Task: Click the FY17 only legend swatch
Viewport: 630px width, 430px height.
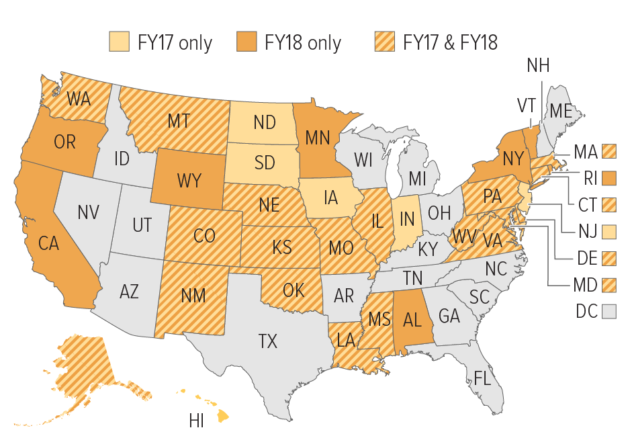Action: point(120,42)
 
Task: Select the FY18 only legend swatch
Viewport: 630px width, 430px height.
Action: point(248,42)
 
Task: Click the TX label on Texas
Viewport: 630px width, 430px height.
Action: point(267,341)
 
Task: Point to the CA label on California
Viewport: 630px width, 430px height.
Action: point(49,243)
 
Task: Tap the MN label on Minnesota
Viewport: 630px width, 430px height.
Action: point(317,137)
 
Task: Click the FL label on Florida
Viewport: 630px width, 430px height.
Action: point(482,378)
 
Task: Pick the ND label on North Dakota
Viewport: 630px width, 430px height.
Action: point(265,122)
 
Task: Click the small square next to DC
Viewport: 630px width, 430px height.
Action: point(609,311)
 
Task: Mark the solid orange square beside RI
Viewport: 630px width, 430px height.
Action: point(609,178)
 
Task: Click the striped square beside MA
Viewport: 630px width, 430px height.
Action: point(609,151)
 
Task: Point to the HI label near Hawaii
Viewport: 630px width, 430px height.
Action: point(197,421)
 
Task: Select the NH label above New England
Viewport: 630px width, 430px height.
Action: point(538,66)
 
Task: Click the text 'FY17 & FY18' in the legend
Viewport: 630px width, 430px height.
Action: point(450,43)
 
